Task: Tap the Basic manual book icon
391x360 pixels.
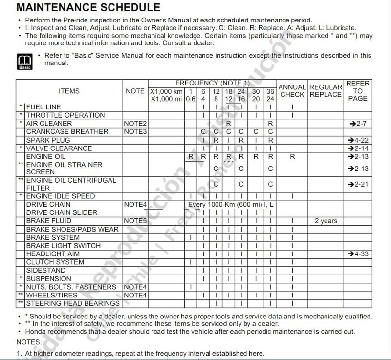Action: pos(25,61)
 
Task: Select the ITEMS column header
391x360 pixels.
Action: pos(69,91)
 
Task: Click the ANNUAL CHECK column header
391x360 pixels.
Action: pos(292,91)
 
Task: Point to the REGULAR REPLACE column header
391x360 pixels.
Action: pos(326,91)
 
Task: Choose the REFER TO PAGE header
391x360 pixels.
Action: pos(358,91)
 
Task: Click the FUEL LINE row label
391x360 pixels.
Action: pos(44,107)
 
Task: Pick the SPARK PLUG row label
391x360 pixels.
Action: pos(48,140)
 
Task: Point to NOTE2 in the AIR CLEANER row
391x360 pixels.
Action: pos(135,124)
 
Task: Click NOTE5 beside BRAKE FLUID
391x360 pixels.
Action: pos(135,221)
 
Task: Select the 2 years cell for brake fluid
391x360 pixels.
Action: pos(326,221)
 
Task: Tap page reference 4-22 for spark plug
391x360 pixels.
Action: pos(358,140)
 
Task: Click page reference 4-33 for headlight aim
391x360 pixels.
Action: pos(358,254)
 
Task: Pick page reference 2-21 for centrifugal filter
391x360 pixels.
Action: pos(358,185)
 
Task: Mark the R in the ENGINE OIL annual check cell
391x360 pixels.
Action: pos(292,157)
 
